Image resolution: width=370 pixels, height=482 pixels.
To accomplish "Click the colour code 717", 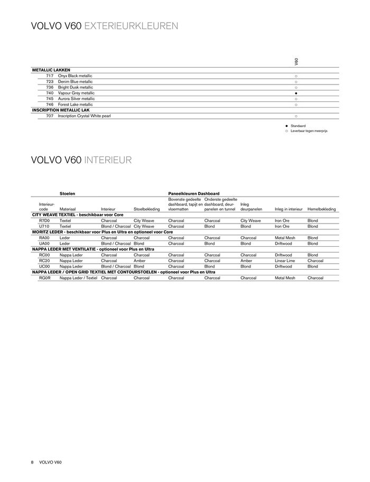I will [x=50, y=76].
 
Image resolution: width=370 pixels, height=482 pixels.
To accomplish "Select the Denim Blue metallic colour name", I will [x=75, y=82].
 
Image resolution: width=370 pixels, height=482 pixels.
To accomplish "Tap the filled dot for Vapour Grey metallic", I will [x=296, y=93].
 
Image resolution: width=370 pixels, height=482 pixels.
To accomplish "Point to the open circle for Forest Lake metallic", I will [x=296, y=105].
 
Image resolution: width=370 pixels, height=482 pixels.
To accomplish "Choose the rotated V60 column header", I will [x=297, y=62].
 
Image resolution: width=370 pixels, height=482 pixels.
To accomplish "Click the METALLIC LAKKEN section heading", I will [x=51, y=70].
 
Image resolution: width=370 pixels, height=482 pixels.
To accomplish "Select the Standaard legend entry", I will [x=298, y=126].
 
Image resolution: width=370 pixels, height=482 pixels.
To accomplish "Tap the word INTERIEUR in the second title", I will [x=107, y=160].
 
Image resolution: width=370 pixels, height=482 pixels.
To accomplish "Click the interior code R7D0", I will [x=44, y=220].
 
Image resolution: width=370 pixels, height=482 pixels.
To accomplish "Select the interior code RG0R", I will [x=44, y=277].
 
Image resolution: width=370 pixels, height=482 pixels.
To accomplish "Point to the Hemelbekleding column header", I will [x=321, y=209].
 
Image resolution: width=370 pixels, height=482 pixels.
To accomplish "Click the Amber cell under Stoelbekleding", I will [x=140, y=261].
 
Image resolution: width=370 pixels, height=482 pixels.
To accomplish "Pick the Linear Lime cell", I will [x=285, y=261].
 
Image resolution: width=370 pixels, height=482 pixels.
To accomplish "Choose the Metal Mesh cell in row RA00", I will [x=285, y=238].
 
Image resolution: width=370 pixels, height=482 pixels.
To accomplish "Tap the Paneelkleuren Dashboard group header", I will [x=193, y=194].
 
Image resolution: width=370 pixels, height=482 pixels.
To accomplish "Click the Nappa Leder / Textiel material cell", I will [x=78, y=277].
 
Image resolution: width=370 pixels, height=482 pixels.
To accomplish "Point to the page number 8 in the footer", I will [x=32, y=462].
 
